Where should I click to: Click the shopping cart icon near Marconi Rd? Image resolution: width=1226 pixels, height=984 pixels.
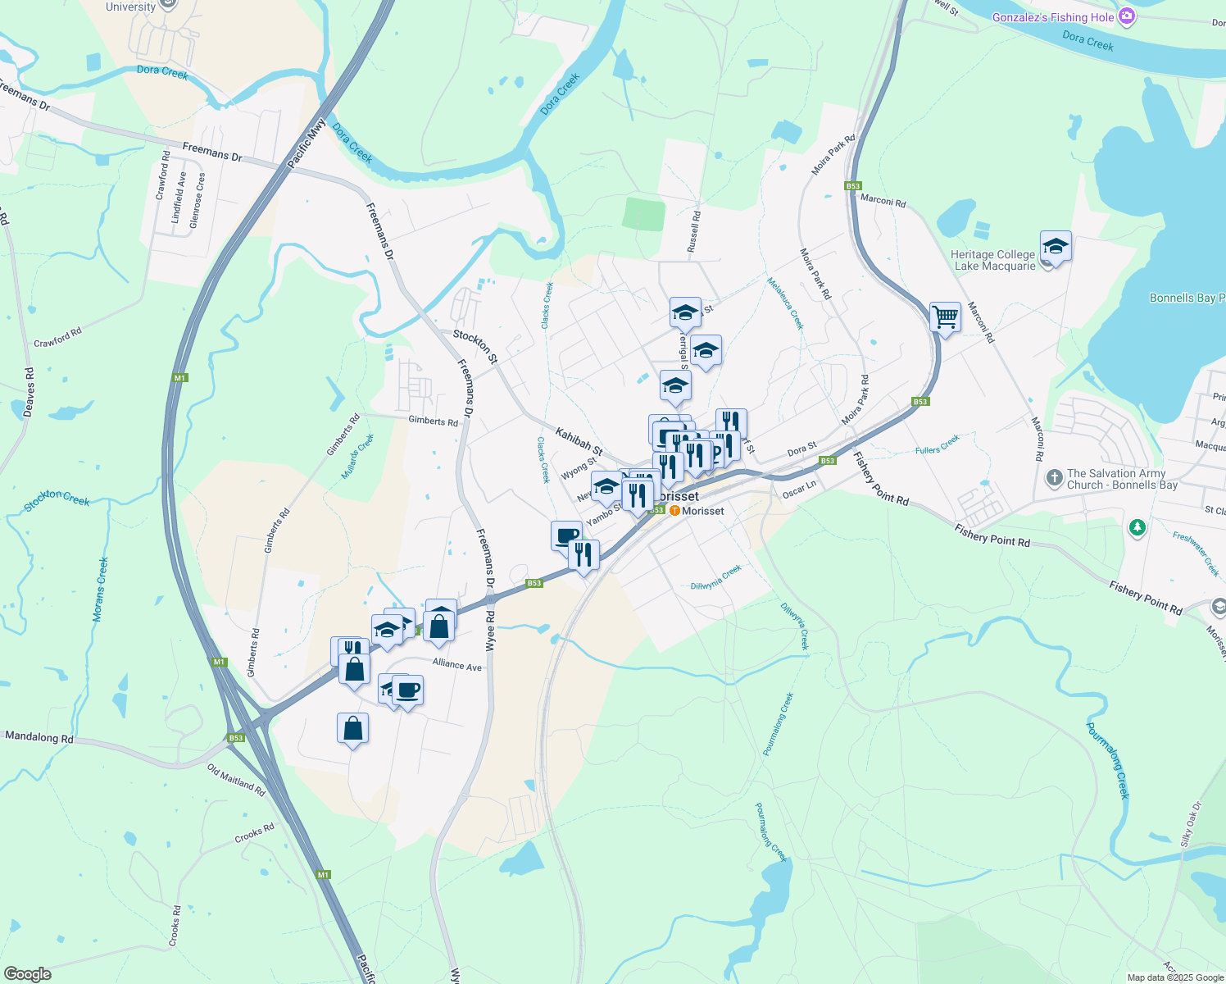pyautogui.click(x=945, y=317)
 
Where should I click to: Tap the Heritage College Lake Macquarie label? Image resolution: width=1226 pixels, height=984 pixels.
pyautogui.click(x=993, y=260)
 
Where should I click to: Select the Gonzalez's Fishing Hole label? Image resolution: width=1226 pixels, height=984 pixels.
pyautogui.click(x=1053, y=17)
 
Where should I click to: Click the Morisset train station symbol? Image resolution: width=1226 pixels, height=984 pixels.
pyautogui.click(x=674, y=511)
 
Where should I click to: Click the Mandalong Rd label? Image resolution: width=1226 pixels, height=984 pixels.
pyautogui.click(x=39, y=737)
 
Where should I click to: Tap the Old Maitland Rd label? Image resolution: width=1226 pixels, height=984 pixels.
pyautogui.click(x=236, y=781)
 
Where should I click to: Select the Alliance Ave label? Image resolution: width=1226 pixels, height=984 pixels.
pyautogui.click(x=457, y=664)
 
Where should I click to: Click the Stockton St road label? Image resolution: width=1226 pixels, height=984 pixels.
pyautogui.click(x=475, y=346)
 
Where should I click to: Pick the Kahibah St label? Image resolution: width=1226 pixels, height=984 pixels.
pyautogui.click(x=579, y=441)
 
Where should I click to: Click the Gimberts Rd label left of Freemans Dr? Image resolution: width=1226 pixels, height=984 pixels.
pyautogui.click(x=434, y=421)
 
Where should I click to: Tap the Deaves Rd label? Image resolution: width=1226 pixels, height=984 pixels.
pyautogui.click(x=29, y=392)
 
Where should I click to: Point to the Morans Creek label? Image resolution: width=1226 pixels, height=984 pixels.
pyautogui.click(x=101, y=590)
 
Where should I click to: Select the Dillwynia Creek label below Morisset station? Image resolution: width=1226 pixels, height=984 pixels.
pyautogui.click(x=715, y=577)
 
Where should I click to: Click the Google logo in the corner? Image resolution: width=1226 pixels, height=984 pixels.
pyautogui.click(x=27, y=974)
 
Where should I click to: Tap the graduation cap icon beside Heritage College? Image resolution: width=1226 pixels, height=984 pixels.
pyautogui.click(x=1056, y=246)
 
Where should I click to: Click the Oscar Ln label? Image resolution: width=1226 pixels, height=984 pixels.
pyautogui.click(x=799, y=490)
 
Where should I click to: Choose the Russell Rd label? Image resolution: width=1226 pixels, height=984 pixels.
pyautogui.click(x=694, y=231)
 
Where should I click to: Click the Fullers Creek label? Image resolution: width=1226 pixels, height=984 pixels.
pyautogui.click(x=937, y=445)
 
